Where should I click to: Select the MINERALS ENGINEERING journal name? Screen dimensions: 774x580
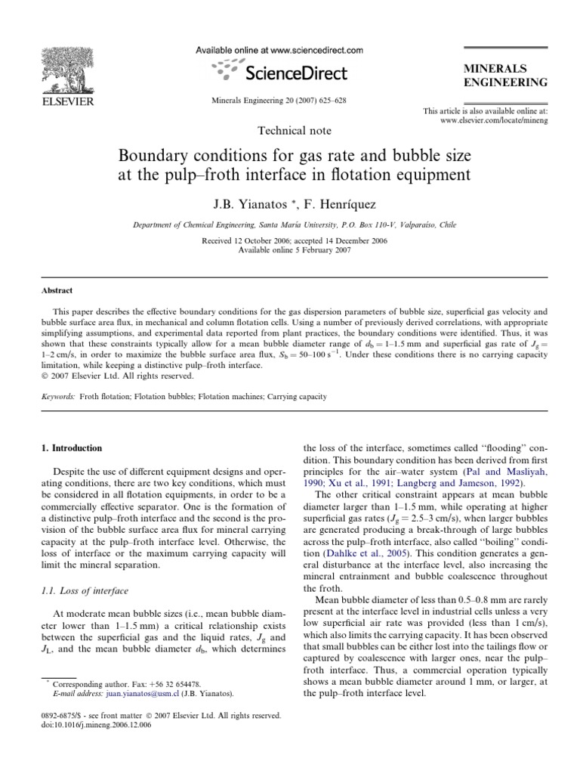pyautogui.click(x=506, y=75)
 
